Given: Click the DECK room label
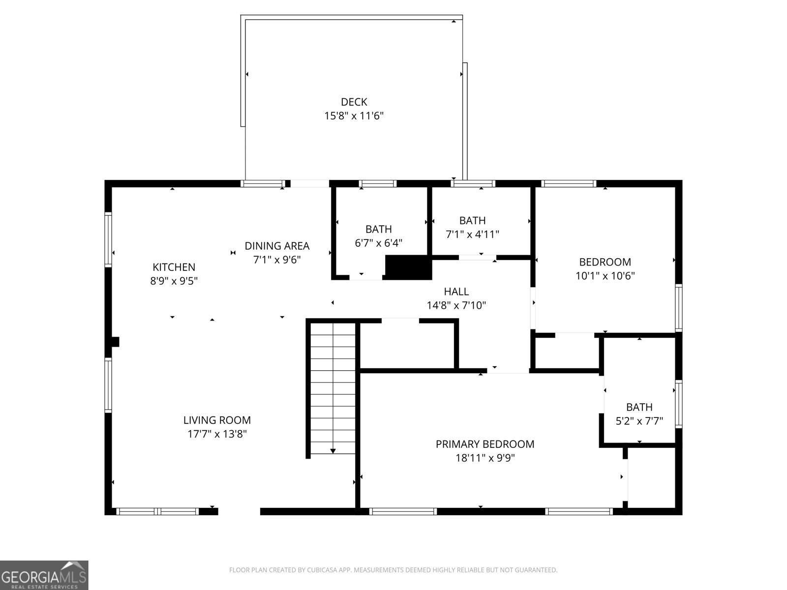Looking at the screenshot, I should (354, 102).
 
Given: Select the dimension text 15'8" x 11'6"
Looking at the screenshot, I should (354, 116).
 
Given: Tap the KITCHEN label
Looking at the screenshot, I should (174, 267).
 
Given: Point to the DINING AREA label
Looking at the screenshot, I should (277, 246).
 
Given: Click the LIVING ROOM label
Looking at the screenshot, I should (217, 420).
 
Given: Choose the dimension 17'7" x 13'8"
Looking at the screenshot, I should (217, 434).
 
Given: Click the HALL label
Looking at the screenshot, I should (456, 292).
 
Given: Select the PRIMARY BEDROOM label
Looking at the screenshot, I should (484, 444).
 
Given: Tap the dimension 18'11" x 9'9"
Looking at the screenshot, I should (484, 458).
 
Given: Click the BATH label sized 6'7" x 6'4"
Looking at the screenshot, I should (378, 229).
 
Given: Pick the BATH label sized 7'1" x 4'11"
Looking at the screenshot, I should (472, 220).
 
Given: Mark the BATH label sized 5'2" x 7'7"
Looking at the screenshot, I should (639, 407).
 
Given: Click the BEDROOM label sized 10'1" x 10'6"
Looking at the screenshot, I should (605, 262).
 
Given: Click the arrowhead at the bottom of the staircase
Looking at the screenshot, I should (333, 450).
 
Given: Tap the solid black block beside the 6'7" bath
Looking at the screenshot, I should (408, 267).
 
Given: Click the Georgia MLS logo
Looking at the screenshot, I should (44, 575).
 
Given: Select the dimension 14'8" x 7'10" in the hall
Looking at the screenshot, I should (456, 305).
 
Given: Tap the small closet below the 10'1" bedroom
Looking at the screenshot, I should (567, 352).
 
